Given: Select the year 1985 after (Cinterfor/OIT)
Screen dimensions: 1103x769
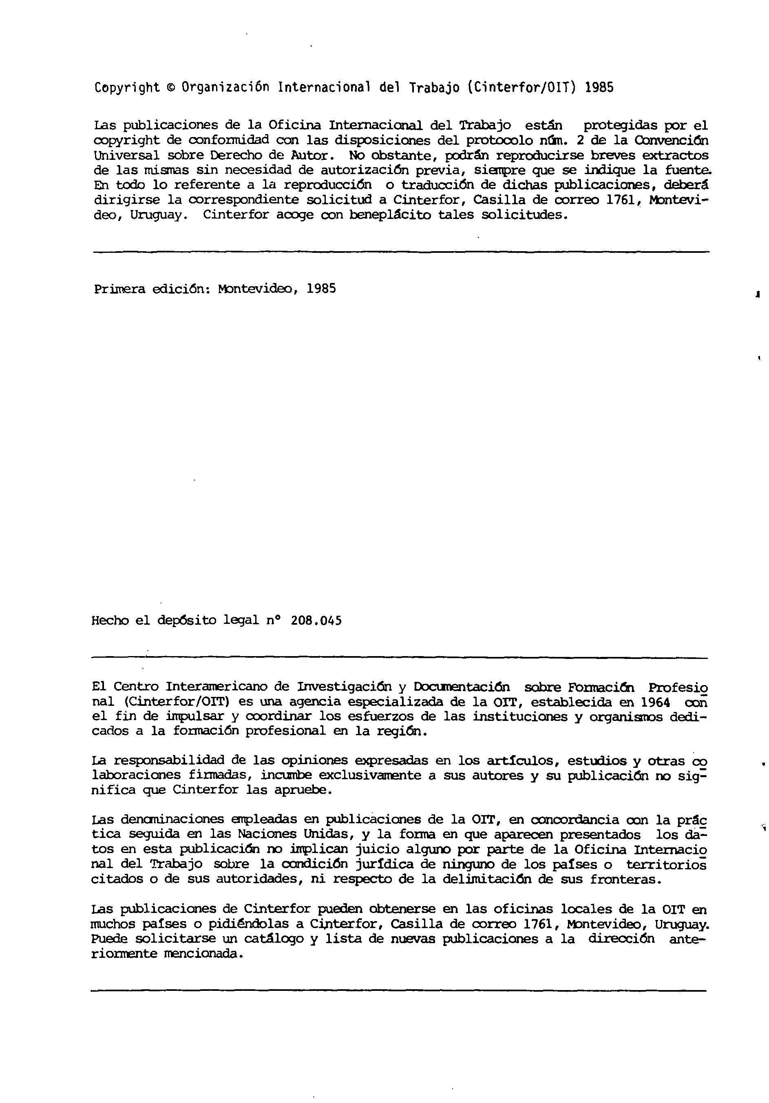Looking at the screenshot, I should (x=599, y=87).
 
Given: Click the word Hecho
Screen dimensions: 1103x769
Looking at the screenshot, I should (x=110, y=620).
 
